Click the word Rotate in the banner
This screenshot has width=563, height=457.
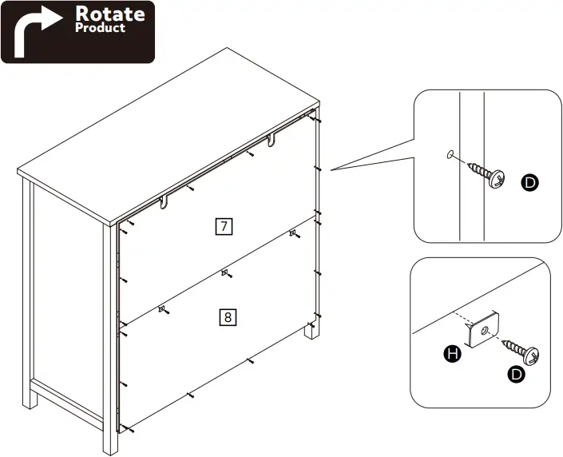(110, 14)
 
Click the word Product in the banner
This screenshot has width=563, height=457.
(100, 28)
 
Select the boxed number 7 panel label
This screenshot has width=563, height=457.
(224, 226)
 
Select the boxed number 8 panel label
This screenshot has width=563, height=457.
(228, 317)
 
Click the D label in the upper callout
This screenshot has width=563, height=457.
(529, 182)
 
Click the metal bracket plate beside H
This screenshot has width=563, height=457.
(482, 330)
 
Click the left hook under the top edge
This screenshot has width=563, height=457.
(165, 203)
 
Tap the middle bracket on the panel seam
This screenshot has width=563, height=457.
(225, 273)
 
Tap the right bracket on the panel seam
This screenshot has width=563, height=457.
(293, 233)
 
